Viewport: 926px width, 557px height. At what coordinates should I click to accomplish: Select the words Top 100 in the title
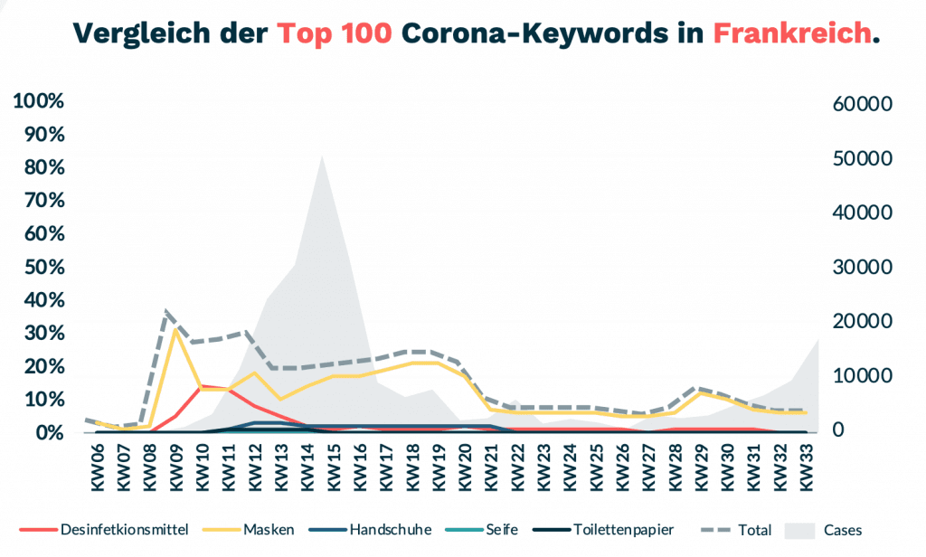coord(335,33)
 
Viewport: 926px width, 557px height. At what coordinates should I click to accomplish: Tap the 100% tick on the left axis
coord(39,101)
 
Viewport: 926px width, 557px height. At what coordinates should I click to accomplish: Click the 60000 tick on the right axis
coord(862,104)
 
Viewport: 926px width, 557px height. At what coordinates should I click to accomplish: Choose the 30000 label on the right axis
coord(862,268)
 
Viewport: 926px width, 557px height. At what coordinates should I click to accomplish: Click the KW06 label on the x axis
coord(97,467)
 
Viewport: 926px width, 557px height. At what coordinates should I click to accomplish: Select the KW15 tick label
coord(332,467)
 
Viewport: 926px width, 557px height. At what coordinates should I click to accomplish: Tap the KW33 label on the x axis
coord(806,467)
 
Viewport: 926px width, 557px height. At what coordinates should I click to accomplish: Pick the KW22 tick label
coord(516,467)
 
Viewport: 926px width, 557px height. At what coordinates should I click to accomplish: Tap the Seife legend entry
coord(499,530)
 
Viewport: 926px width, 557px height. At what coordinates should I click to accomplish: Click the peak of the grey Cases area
coord(322,156)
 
